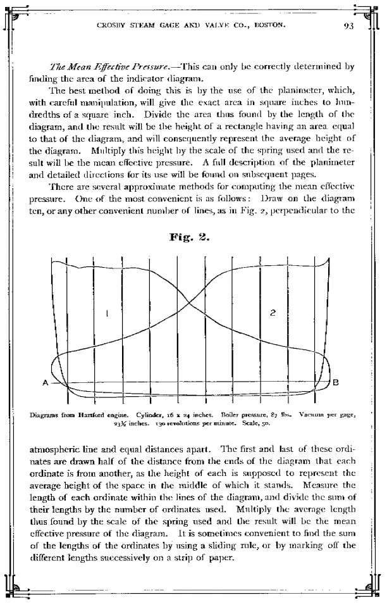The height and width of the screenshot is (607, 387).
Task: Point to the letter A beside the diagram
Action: [46, 383]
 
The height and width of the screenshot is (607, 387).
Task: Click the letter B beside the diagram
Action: [336, 382]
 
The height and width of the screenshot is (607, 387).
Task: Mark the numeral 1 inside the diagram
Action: [108, 312]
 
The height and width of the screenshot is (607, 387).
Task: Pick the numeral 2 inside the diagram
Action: [272, 313]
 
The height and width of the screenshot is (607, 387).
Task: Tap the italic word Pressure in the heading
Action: [144, 65]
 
